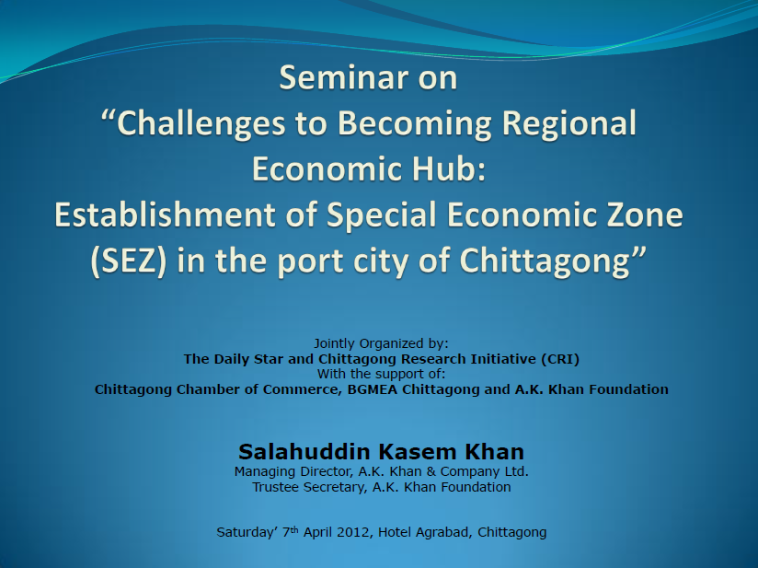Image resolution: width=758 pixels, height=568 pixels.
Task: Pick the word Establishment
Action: click(164, 214)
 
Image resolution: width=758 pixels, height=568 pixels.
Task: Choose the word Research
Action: click(432, 359)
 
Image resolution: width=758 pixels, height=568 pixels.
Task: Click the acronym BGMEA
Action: click(373, 389)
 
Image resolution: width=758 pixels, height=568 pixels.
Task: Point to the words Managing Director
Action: click(294, 471)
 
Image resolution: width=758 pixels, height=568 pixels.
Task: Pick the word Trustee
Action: click(276, 487)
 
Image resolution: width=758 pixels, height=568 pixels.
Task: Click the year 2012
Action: click(354, 532)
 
